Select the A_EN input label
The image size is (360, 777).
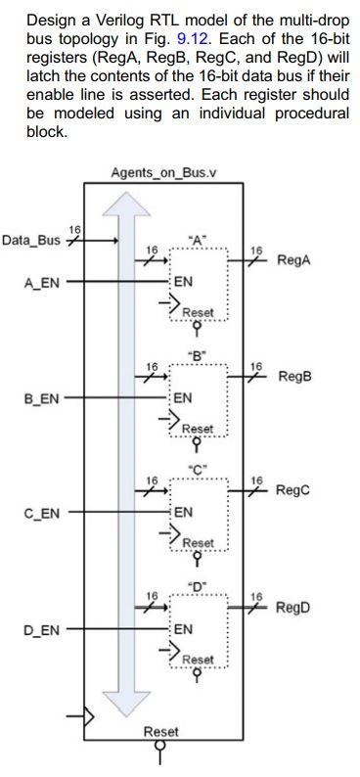(x=41, y=282)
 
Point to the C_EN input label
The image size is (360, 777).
(x=41, y=512)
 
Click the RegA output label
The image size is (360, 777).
(x=294, y=261)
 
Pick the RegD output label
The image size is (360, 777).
(x=293, y=607)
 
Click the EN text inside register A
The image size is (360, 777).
(x=182, y=282)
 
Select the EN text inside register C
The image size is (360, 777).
(x=182, y=512)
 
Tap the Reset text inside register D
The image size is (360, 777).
(x=197, y=659)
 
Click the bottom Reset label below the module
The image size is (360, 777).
(x=161, y=732)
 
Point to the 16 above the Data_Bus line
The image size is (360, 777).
(x=74, y=228)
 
